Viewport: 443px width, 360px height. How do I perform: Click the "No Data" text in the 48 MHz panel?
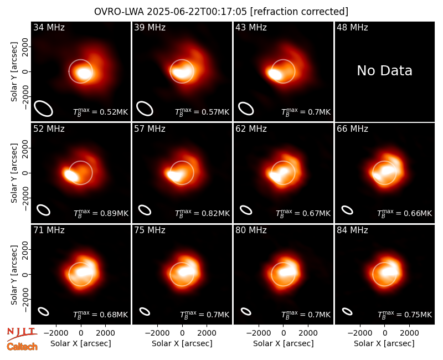point(384,71)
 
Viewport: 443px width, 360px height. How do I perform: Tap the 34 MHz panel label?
point(49,27)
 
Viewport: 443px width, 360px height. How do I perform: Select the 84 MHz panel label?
point(352,230)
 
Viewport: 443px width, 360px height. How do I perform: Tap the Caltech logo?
point(22,347)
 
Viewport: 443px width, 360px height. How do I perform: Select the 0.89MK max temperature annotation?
point(101,213)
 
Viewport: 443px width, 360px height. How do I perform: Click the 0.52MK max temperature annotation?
point(101,112)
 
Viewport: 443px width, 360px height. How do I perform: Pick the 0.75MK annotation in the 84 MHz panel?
point(405,315)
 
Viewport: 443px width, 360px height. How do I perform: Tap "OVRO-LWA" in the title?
point(119,12)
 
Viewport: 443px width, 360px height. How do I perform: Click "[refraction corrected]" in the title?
point(299,12)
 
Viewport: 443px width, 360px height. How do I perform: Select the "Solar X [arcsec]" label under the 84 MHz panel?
point(384,343)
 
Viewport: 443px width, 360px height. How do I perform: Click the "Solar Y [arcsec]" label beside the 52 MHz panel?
point(14,173)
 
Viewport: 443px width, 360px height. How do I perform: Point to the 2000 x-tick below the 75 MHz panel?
point(207,333)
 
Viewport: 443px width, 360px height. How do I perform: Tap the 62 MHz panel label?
point(251,129)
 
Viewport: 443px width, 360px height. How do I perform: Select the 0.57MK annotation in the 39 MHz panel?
point(202,112)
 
